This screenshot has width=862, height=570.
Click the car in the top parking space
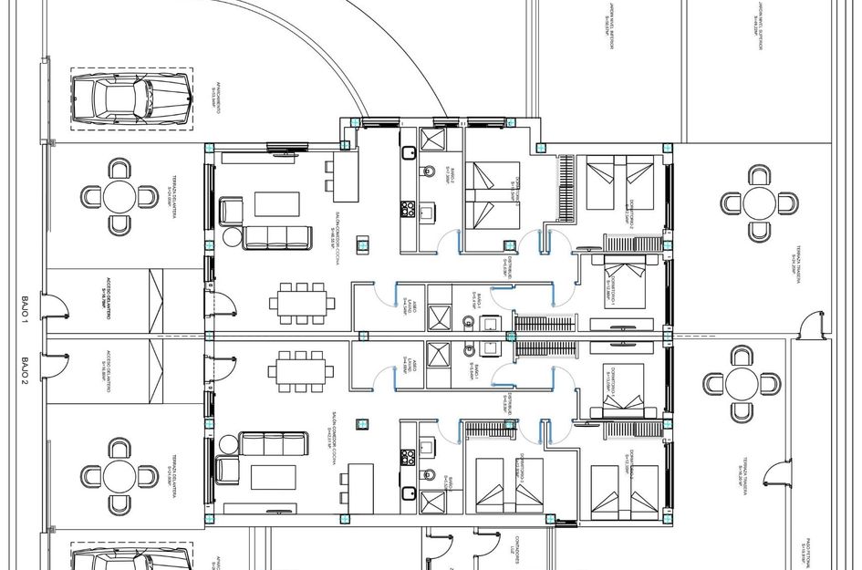pos(131,98)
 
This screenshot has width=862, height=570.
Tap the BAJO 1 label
pos(26,312)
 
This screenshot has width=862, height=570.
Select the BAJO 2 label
pos(26,368)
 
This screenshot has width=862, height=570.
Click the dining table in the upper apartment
pos(301,301)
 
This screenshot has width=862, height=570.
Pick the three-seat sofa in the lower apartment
pos(274,444)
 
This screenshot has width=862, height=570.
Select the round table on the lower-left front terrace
pos(119,475)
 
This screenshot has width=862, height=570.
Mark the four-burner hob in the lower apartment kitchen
pos(408,457)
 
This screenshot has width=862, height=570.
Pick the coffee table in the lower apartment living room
pos(274,477)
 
